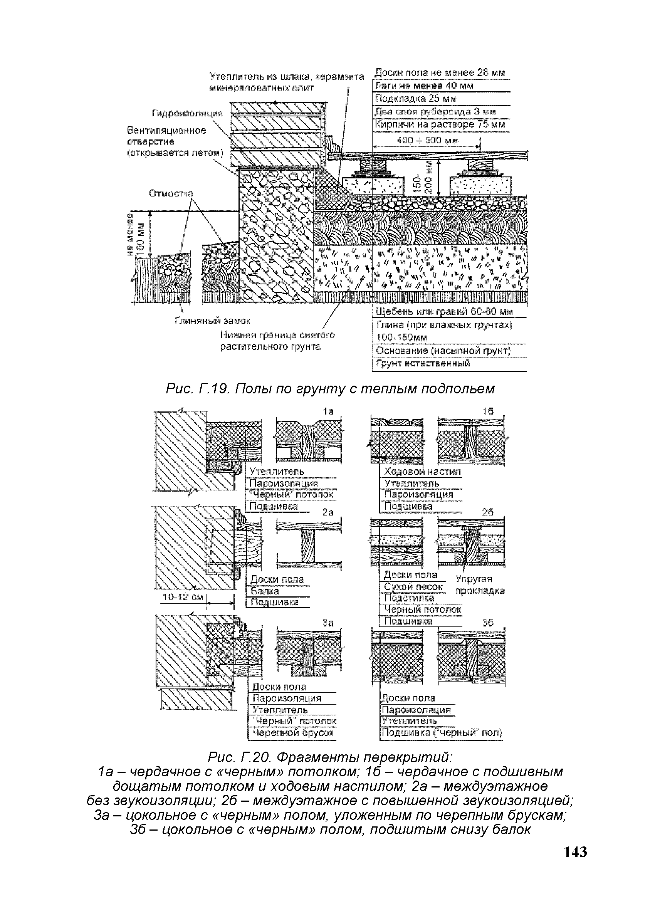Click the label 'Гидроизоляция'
186,114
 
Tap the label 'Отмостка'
171,193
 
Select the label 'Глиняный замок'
213,321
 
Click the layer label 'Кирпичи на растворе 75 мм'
439,124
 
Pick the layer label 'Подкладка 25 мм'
415,99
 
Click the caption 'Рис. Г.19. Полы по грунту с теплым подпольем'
330,388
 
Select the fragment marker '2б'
487,512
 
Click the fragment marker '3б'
488,623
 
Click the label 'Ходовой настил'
422,472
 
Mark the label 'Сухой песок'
413,587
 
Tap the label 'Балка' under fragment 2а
264,591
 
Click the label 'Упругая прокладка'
480,585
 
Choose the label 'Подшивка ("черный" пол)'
441,733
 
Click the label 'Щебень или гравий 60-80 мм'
444,312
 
